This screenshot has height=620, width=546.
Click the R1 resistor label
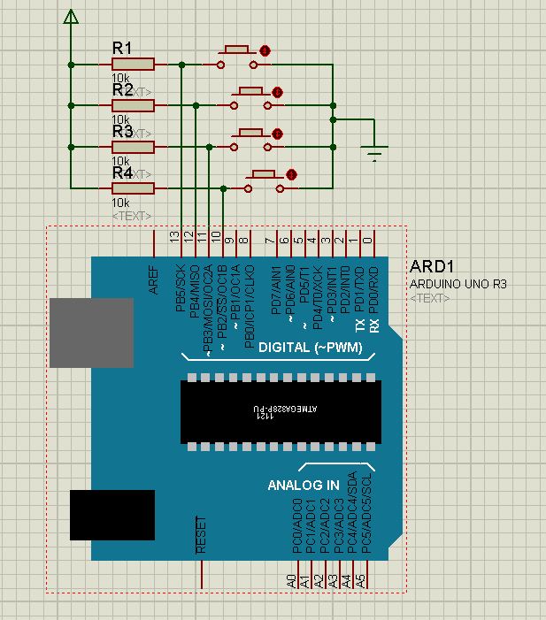coord(122,48)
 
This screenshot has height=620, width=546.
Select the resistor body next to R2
coord(133,105)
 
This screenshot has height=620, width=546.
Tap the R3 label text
coord(122,131)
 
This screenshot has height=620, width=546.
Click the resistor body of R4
coord(133,188)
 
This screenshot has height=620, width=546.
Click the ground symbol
coord(375,153)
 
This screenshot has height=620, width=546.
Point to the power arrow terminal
coord(72,17)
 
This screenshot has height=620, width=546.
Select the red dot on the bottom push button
coord(290,174)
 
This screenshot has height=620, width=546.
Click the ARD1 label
coord(433,267)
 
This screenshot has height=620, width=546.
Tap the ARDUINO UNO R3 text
coord(458,284)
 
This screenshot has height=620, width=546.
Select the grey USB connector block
coord(91,332)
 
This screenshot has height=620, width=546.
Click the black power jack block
coord(112,515)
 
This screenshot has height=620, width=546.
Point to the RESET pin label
coord(201,535)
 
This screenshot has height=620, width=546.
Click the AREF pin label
coord(153,279)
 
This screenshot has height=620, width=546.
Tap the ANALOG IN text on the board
coord(304,485)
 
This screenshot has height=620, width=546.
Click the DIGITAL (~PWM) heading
coord(311,348)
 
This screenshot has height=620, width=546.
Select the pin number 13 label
coord(174,237)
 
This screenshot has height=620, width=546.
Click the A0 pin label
coord(292,581)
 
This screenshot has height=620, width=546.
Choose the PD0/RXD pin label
coord(373,285)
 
